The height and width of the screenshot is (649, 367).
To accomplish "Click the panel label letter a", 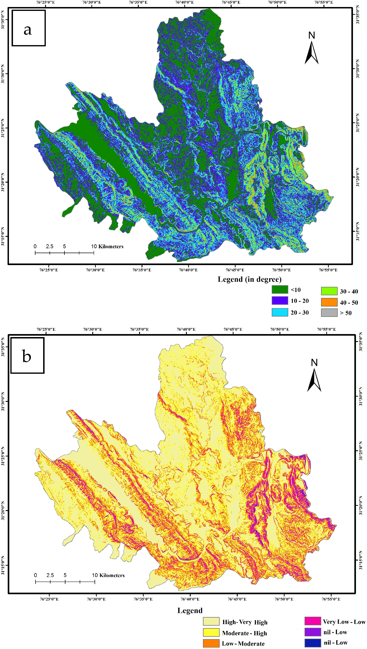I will coord(28,30).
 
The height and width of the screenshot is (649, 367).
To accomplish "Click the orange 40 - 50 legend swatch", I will coord(329,302).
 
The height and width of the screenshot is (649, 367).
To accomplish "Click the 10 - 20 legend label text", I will coord(299,301).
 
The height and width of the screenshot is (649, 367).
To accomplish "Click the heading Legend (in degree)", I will coord(249,279).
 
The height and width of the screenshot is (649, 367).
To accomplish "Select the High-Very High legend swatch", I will coord(211,621).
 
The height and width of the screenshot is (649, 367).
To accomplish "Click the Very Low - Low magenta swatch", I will coord(313,621).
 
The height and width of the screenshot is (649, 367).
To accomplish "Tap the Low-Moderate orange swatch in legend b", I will coord(211,643).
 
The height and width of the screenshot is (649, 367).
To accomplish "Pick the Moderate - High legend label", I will coord(244,633).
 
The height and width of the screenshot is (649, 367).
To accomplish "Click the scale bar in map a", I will coord(64,253).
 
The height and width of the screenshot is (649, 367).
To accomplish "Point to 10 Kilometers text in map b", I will coord(108,575).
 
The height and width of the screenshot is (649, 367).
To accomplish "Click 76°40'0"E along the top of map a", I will coord(184,2).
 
